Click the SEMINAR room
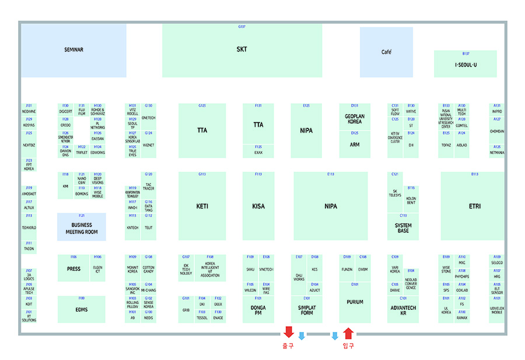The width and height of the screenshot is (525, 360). pos(73,50)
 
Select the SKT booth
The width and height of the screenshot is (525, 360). pos(242,50)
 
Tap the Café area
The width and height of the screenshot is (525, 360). pos(386,52)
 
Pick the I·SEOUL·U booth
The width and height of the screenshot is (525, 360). pos(466,64)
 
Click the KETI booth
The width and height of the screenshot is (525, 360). pos(202,207)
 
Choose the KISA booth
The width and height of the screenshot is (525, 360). pos(258,207)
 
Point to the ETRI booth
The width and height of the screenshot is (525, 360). pos(474,207)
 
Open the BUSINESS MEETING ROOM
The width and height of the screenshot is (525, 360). pos(82,228)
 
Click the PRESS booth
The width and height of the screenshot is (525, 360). pos(73,269)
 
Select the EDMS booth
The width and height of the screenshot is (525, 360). pos(81,309)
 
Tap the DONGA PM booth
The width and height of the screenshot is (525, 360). pos(258,310)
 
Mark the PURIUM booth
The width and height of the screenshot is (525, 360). pos(355,302)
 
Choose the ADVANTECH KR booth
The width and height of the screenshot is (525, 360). pos(403,310)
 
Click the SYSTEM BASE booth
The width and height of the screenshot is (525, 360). pos(403,227)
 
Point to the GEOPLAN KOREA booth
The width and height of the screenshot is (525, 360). pos(355,119)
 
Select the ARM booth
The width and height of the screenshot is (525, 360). pos(355,145)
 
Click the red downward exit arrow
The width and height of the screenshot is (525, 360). pos(288,333)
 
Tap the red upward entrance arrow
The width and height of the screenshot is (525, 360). pos(348,333)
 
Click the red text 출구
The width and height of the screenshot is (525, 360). pos(288,346)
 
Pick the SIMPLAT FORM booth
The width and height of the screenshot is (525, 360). pos(306,310)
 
